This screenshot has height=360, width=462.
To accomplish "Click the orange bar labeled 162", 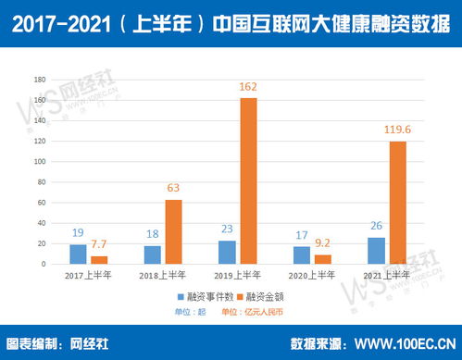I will [248, 180].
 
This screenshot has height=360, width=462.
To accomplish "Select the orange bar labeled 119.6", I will [397, 203].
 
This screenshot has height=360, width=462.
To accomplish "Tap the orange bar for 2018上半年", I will [172, 231].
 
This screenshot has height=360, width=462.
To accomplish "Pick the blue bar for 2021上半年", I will [375, 250].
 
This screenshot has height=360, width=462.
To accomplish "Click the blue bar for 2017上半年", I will [78, 254].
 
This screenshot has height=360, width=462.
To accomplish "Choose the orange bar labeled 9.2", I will [322, 259].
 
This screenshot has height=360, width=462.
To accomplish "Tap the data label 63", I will [173, 188].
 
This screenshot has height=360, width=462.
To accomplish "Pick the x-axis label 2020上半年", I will [311, 276].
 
